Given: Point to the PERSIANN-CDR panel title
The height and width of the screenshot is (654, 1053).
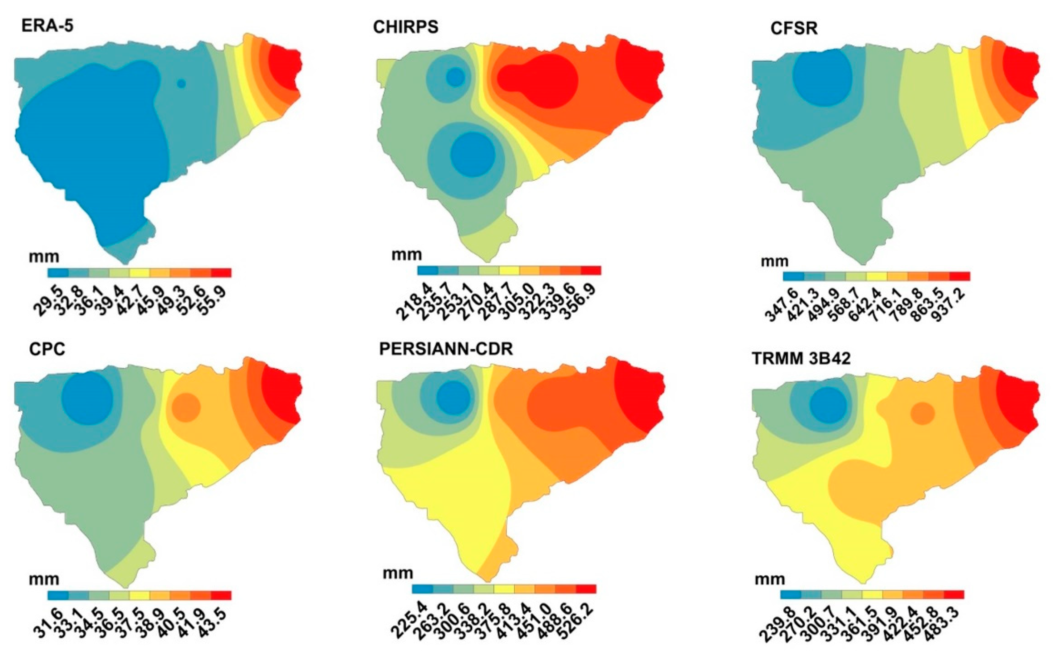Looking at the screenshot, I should coord(446,349).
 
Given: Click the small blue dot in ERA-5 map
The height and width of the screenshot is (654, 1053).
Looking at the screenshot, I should coord(181,83).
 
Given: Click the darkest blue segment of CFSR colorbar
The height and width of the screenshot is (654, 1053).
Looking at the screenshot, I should coord(793,276).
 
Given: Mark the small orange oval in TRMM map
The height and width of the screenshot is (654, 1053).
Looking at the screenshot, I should coord(923,413).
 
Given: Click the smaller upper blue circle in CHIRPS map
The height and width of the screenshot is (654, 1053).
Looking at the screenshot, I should coord(456,77).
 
